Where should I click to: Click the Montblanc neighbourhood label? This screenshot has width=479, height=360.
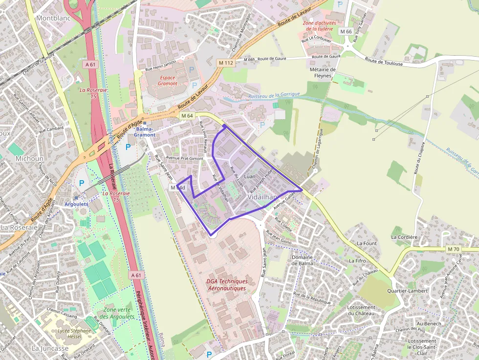[x=53, y=18]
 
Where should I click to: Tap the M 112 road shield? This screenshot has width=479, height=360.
[x=226, y=63]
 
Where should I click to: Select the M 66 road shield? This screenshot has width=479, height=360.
[x=346, y=32]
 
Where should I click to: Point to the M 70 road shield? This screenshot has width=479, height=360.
[x=453, y=249]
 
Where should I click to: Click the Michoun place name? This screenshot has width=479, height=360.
[x=29, y=159]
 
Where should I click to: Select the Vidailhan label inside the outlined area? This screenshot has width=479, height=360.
[x=262, y=197]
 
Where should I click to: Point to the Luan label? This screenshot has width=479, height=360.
[x=250, y=175]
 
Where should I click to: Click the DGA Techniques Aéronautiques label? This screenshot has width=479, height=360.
[x=227, y=285]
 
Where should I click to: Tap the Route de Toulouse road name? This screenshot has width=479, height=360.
[x=384, y=61]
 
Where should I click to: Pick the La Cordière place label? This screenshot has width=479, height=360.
[x=404, y=237]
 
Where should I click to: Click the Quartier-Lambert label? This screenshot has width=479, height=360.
[x=407, y=291]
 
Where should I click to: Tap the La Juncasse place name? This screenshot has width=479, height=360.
[x=50, y=348]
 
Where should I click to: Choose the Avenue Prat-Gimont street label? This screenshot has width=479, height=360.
[x=184, y=158]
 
